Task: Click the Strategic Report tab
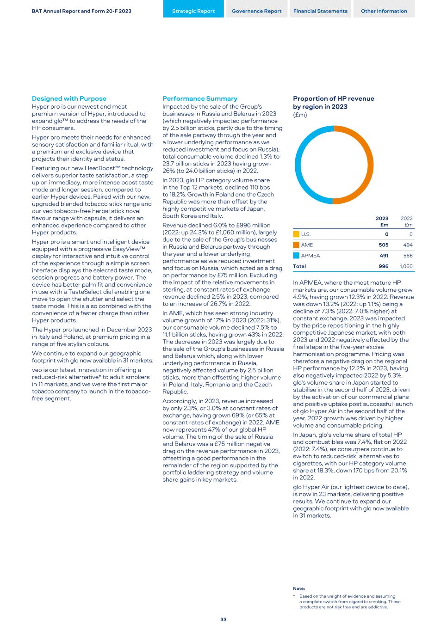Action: coord(193,11)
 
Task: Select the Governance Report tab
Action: coord(257,11)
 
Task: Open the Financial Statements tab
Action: coord(320,11)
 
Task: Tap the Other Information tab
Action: coord(384,11)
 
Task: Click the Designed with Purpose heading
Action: coord(69,98)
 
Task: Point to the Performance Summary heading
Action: coord(200,98)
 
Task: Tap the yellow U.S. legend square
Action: coord(296,234)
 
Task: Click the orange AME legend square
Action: coord(296,245)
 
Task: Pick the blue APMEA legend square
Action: coord(296,256)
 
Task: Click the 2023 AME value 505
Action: coord(383,245)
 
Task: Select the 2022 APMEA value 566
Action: coord(408,256)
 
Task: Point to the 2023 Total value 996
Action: coord(383,266)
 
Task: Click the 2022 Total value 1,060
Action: coord(406,266)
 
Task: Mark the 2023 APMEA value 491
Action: coord(383,256)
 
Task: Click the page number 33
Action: coord(223,619)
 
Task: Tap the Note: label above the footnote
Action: coord(299,588)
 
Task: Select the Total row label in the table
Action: coord(299,266)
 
